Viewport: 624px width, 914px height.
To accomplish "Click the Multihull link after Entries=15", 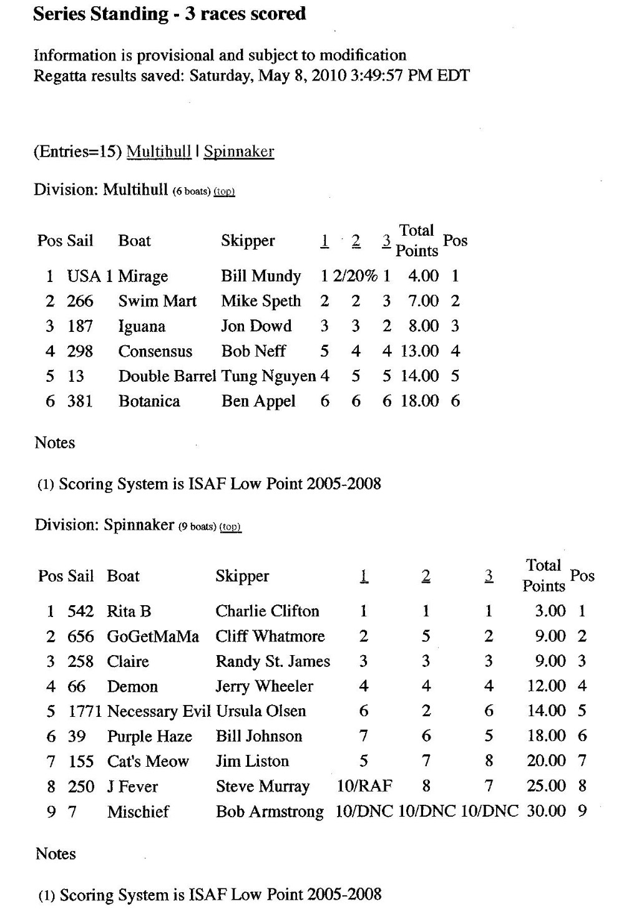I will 158,152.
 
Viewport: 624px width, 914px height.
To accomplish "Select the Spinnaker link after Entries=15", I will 239,152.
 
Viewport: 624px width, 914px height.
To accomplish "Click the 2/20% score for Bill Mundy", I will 355,276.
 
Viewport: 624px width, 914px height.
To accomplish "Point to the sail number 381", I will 80,401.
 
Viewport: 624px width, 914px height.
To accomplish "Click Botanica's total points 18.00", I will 420,401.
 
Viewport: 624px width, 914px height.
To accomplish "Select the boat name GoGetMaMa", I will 153,636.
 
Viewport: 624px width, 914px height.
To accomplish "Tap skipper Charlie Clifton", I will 267,611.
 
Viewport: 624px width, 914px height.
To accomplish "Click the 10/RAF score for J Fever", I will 364,786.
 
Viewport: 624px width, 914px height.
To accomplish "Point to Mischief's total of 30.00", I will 546,811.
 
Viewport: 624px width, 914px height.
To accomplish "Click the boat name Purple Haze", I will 150,737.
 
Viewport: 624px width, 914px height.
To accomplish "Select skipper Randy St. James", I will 273,661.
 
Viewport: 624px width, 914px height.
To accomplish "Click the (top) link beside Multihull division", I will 224,192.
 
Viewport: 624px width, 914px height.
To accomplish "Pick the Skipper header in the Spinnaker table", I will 242,576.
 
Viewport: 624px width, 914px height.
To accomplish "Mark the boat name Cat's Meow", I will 148,762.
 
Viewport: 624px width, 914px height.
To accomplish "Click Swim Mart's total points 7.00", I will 423,301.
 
